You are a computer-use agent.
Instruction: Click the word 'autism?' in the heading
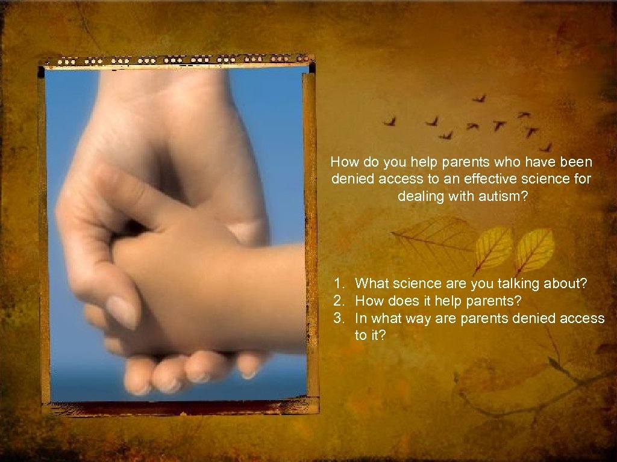click(504, 196)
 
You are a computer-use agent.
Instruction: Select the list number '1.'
click(341, 283)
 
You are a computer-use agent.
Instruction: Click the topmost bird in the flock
click(479, 97)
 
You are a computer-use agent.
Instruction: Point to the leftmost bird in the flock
click(390, 122)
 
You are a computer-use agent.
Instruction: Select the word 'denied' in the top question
click(350, 179)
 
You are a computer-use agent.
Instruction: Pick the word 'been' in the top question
click(577, 162)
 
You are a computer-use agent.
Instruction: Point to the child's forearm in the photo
click(253, 295)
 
